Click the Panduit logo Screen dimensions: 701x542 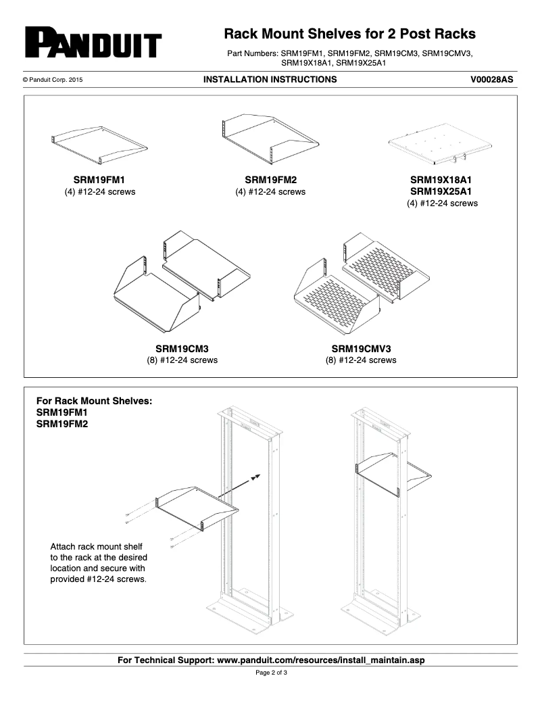pyautogui.click(x=93, y=43)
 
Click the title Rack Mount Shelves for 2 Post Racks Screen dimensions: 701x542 pyautogui.click(x=349, y=34)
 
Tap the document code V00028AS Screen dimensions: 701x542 pyautogui.click(x=491, y=80)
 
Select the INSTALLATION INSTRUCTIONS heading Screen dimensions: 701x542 pyautogui.click(x=270, y=80)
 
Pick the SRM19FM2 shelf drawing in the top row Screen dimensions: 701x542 pyautogui.click(x=270, y=140)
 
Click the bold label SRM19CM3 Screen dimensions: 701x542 pyautogui.click(x=182, y=348)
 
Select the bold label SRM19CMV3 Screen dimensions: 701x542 pyautogui.click(x=361, y=348)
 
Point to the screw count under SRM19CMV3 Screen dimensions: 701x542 pyautogui.click(x=361, y=360)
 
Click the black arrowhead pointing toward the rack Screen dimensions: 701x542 pyautogui.click(x=255, y=478)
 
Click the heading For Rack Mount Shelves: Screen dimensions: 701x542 pyautogui.click(x=94, y=400)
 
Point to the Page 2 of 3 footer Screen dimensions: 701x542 pyautogui.click(x=271, y=673)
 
